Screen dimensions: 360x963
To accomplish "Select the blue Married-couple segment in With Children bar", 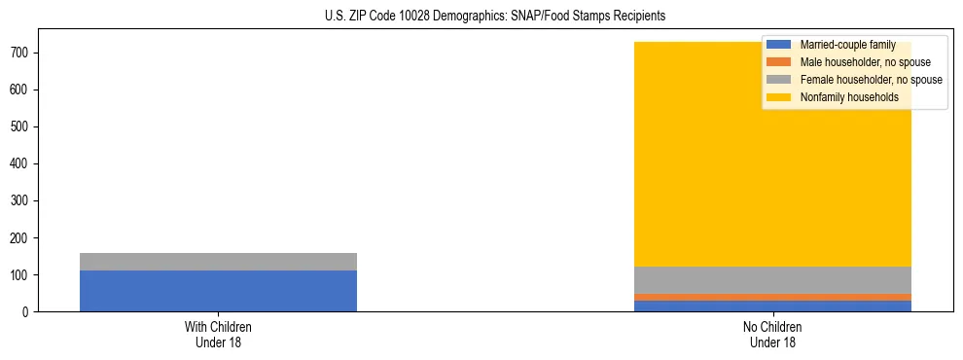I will (x=218, y=291).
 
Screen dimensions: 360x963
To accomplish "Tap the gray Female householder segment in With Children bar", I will (x=218, y=262).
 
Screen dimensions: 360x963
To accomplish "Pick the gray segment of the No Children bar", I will (x=772, y=280).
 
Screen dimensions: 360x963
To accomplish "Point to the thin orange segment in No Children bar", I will (x=772, y=297).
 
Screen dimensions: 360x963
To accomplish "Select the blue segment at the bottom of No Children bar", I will (x=772, y=306).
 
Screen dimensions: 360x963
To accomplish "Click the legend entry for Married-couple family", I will (x=847, y=45).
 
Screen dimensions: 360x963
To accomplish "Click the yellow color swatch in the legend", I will (x=779, y=97).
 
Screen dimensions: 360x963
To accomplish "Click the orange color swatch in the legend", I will (x=779, y=62).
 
